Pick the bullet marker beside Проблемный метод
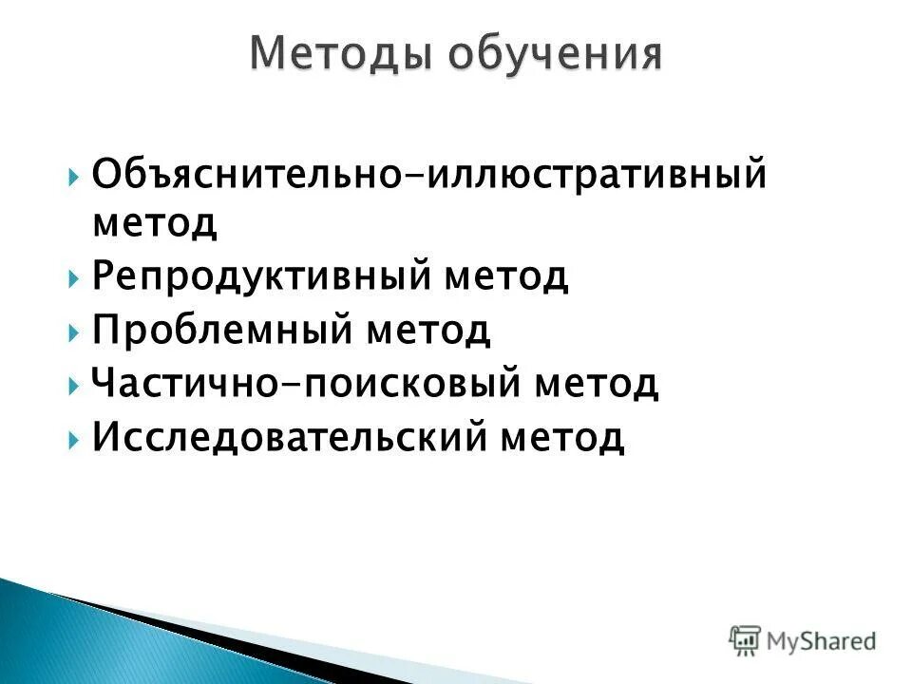coord(74,332)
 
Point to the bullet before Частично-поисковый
coord(74,387)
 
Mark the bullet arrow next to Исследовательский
coord(74,440)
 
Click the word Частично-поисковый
coord(304,385)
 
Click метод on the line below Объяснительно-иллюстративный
coord(155,224)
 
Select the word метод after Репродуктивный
coord(506,277)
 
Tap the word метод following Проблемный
coord(428,331)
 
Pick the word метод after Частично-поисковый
coord(596,385)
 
